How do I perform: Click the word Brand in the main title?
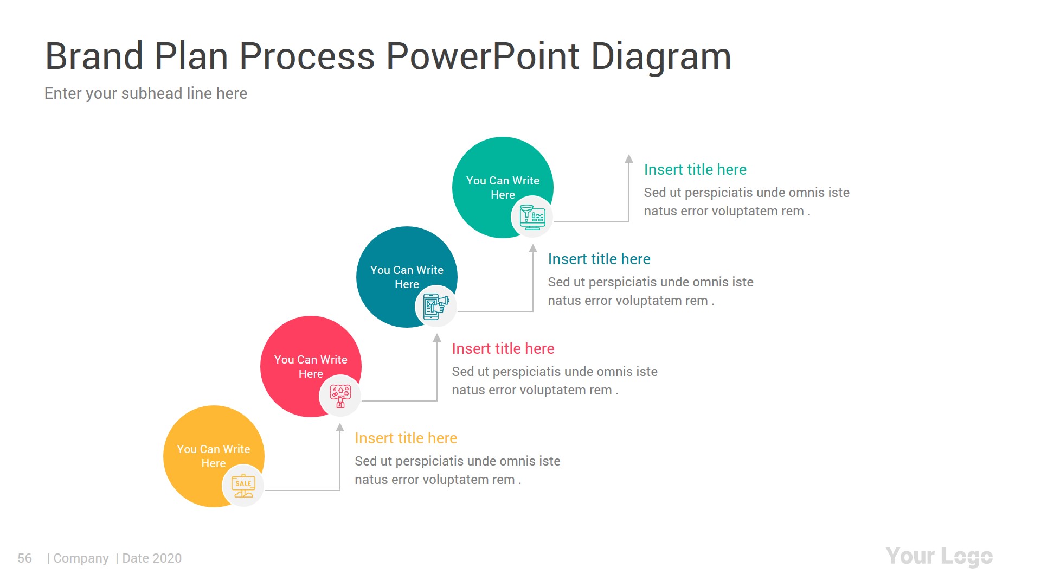click(x=93, y=56)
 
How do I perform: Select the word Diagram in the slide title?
click(x=660, y=56)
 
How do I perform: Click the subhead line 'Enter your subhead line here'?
click(x=145, y=93)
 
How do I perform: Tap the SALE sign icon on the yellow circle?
click(x=243, y=486)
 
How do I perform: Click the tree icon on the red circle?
click(x=340, y=396)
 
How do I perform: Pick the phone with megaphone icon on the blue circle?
click(x=436, y=307)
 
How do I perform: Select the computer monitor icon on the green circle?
click(x=532, y=217)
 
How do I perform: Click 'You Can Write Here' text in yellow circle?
click(x=213, y=456)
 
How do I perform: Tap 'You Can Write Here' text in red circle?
click(x=310, y=366)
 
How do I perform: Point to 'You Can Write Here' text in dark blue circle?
click(x=407, y=277)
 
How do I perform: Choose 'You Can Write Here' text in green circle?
click(x=503, y=187)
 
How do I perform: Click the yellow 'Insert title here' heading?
click(x=406, y=438)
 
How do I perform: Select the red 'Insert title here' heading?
click(x=503, y=348)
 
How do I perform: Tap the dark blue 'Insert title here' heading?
click(x=599, y=259)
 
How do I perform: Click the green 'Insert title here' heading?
click(x=695, y=169)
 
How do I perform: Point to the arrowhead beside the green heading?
click(x=629, y=158)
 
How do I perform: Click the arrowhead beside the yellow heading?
click(x=340, y=427)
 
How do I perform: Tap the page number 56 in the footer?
click(x=24, y=558)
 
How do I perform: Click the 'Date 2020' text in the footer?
click(x=152, y=558)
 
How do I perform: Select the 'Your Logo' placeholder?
click(x=939, y=556)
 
